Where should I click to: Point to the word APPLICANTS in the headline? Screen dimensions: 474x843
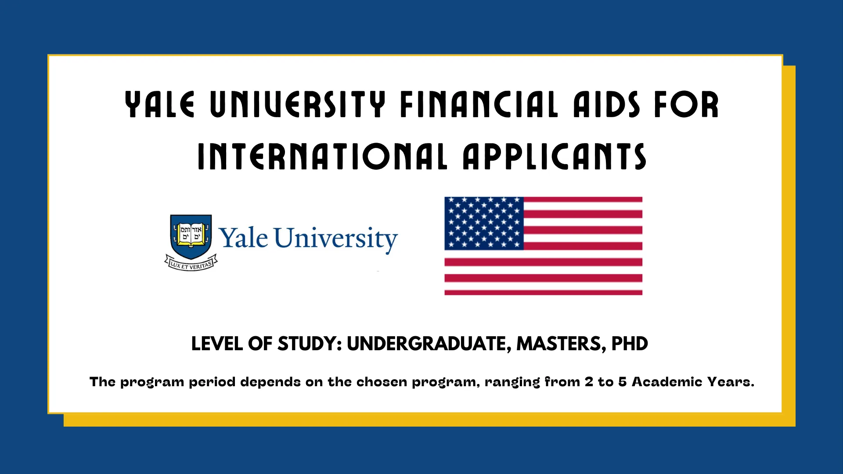point(554,157)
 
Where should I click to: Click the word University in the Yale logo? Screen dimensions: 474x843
point(336,239)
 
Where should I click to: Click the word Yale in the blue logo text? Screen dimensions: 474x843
point(244,239)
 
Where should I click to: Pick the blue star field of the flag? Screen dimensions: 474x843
point(484,223)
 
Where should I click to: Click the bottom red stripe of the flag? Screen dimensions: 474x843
point(543,292)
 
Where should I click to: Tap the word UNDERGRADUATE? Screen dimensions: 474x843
point(426,344)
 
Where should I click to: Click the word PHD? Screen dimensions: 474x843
point(629,344)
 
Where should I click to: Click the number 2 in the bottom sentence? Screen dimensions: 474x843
point(588,382)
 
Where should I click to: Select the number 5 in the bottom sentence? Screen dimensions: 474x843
point(622,382)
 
